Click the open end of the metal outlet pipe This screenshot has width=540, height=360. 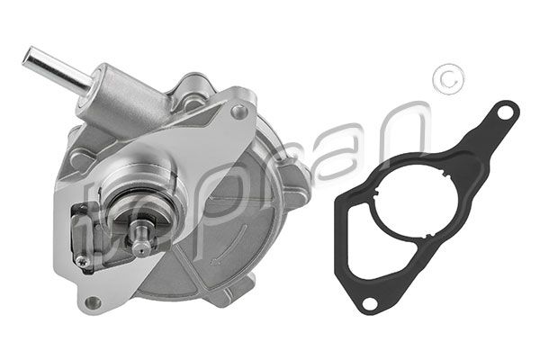pyautogui.click(x=29, y=58)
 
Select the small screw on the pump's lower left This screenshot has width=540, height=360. pyautogui.click(x=83, y=261)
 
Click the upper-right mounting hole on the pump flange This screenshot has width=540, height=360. pyautogui.click(x=238, y=111)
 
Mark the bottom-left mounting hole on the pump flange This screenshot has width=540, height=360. pyautogui.click(x=91, y=301)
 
